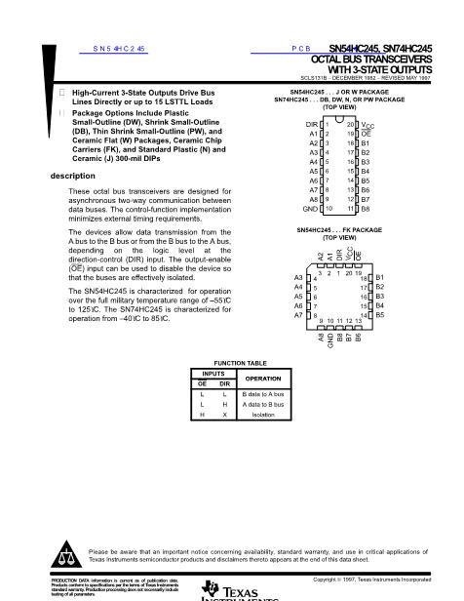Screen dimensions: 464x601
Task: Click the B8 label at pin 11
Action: [366, 209]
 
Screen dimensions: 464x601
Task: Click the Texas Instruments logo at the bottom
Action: [232, 589]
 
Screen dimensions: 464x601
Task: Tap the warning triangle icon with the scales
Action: [67, 554]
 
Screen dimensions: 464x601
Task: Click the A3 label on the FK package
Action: [298, 278]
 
